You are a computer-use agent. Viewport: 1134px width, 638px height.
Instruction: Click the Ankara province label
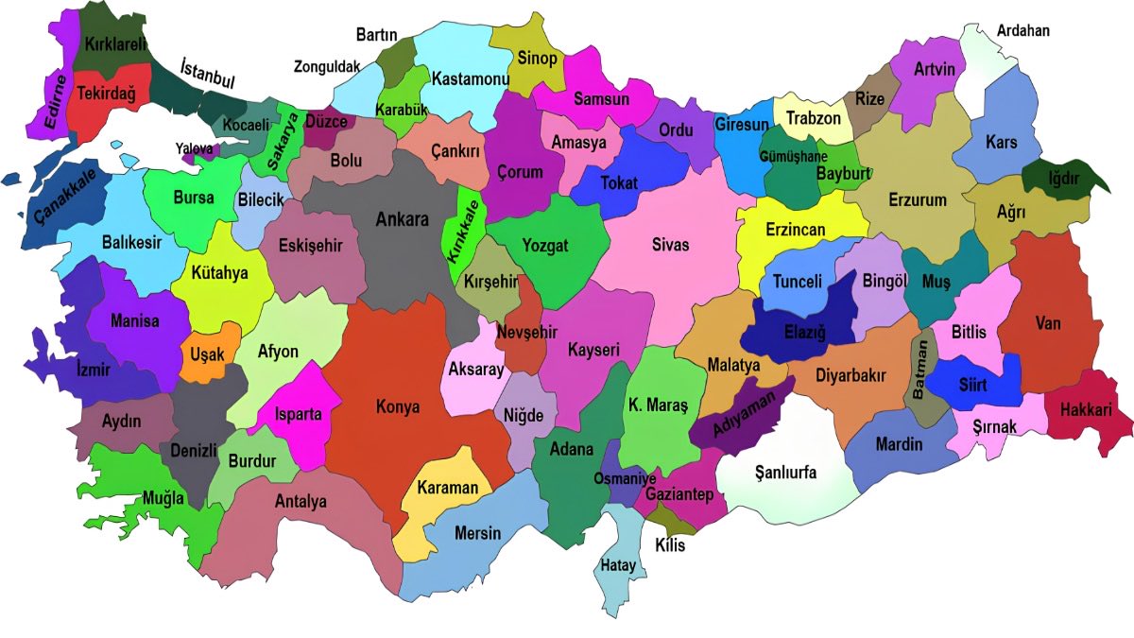click(x=403, y=219)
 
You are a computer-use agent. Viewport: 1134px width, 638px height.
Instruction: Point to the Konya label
click(x=397, y=406)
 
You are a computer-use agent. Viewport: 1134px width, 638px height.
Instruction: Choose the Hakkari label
click(x=1087, y=410)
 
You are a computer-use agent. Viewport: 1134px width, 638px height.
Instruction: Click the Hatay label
click(x=619, y=566)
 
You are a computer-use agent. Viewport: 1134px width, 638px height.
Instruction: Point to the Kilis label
click(x=669, y=546)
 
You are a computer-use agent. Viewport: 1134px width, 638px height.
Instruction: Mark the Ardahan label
click(x=1022, y=30)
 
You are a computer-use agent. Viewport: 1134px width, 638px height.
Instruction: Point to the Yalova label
click(x=195, y=147)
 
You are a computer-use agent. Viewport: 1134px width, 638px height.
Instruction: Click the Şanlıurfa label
click(x=785, y=473)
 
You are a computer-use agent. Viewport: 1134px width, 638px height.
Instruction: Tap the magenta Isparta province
click(x=299, y=414)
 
